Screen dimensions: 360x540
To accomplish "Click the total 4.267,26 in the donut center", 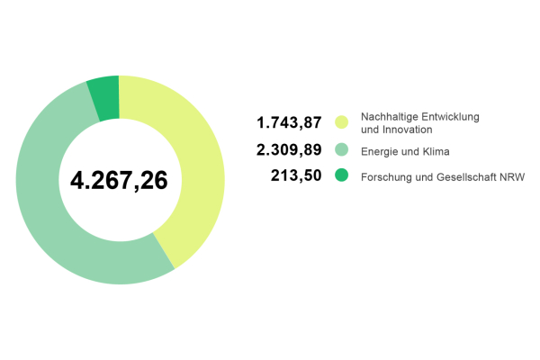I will pos(119,180).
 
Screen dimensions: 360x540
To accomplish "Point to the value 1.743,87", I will pos(290,122).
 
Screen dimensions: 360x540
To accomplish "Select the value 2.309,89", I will pos(290,149).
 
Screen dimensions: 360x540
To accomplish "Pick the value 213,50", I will pos(296,175).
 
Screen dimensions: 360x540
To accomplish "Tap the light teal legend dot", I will pos(341,149).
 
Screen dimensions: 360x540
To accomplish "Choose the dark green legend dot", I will pos(341,175).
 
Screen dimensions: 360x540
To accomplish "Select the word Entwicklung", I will pos(447,117).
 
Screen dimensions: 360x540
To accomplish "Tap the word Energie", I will pos(379,150).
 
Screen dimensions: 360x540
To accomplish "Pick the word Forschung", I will pos(384,177).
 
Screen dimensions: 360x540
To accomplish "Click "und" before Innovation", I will pos(369,130).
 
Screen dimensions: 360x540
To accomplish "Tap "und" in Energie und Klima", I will pos(410,150).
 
